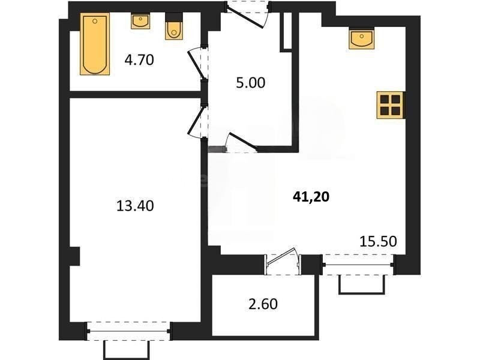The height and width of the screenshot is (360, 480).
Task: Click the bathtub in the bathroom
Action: pos(95,44)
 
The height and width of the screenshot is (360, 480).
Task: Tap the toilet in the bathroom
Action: pos(174,30)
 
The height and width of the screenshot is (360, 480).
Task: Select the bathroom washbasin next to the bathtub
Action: pos(140,21)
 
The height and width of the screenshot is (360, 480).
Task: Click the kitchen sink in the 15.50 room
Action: pos(362,38)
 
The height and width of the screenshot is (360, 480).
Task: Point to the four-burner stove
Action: pos(391,105)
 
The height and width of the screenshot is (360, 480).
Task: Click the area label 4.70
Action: pos(139,60)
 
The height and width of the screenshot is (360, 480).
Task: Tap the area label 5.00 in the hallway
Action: pos(250,83)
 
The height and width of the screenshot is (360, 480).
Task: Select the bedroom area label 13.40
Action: pos(135,206)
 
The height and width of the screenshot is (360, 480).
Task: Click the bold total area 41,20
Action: pos(311,197)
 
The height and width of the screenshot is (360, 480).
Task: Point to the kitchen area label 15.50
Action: pos(378,241)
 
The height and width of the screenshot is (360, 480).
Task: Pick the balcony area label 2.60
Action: pos(263,304)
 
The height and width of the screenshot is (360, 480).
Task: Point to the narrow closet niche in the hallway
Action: pos(286,31)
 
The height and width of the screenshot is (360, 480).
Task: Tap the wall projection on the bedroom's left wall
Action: pos(75,256)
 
